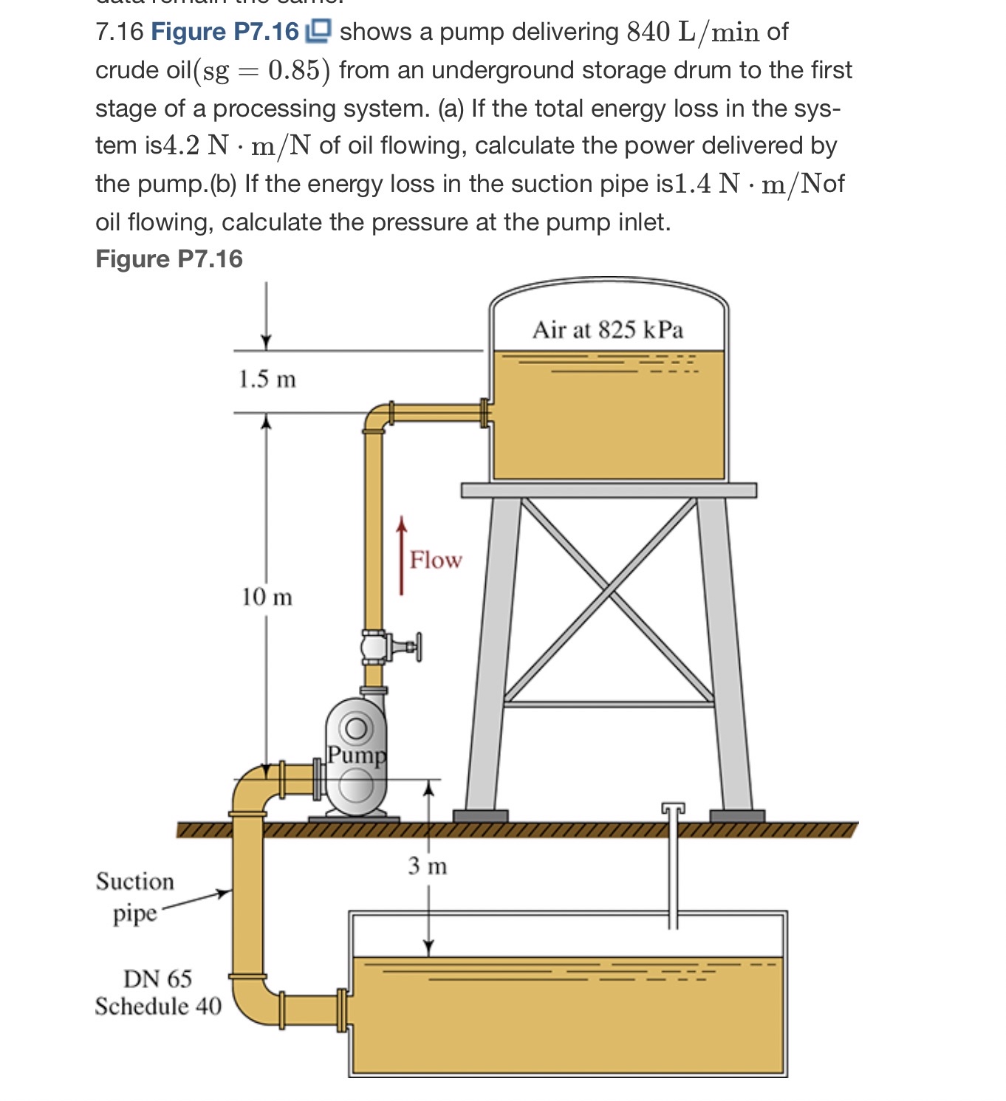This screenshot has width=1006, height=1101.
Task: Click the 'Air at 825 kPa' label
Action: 607,329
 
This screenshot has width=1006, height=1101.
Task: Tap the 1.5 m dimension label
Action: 267,380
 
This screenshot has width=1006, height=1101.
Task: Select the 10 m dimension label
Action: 267,597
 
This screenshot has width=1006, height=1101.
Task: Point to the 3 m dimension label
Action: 428,865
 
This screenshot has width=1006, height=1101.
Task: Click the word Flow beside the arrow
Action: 436,560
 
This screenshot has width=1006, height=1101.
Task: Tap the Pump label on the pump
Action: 357,755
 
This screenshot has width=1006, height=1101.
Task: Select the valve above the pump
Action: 377,647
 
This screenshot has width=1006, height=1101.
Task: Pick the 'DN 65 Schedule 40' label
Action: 158,992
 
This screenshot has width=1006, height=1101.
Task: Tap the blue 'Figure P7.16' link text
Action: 225,32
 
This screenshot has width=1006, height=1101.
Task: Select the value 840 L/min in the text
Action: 692,32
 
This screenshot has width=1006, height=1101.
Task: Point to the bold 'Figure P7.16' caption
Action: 169,259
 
